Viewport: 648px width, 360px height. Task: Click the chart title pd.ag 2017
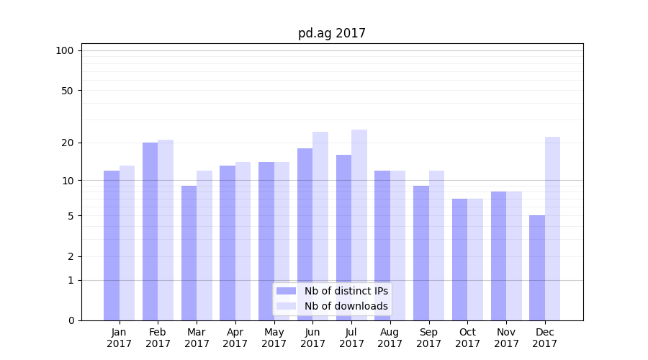332,33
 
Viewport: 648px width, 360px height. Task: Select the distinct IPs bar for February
150,230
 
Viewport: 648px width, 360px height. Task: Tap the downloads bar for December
552,228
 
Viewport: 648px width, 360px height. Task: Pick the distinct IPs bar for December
537,268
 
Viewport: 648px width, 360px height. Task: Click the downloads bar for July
359,225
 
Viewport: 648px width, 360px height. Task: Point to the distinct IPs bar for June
305,234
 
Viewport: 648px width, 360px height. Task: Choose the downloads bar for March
204,245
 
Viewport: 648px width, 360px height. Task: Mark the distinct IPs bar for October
460,259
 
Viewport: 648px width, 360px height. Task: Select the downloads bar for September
436,245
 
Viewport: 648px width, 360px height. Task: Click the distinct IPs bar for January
112,245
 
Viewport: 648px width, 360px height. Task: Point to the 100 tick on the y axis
65,50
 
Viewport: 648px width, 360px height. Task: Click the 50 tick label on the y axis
67,91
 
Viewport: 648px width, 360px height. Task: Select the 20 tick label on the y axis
67,143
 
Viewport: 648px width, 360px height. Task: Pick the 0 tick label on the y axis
71,320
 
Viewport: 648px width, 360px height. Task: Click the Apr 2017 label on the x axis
235,338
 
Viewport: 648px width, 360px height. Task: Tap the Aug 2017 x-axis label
390,338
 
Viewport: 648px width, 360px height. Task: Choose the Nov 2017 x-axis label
506,338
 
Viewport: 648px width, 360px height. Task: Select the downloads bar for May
282,241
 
